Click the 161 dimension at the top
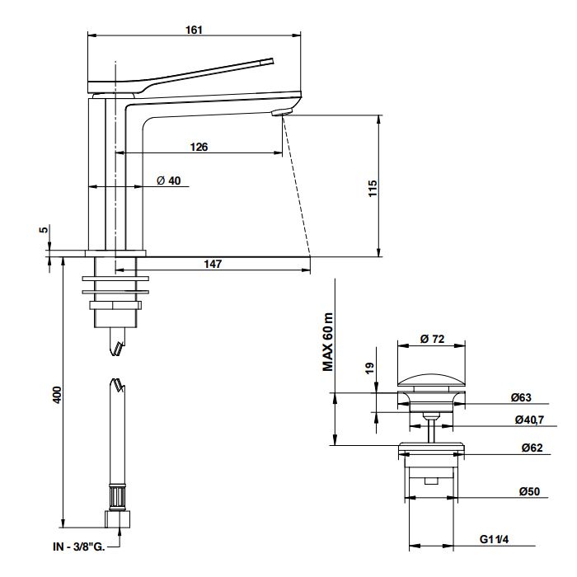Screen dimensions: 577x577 coord(194,30)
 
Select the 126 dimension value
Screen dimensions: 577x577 coord(198,147)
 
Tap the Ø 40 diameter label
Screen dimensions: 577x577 coord(168,181)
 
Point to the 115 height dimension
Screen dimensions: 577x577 coord(373,185)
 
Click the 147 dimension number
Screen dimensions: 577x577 coord(213,264)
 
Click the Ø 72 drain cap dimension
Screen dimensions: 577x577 coord(433,339)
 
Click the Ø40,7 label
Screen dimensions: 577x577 coord(527,420)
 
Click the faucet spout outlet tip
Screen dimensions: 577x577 coord(282,111)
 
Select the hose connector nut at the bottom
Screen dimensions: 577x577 coord(117,518)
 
